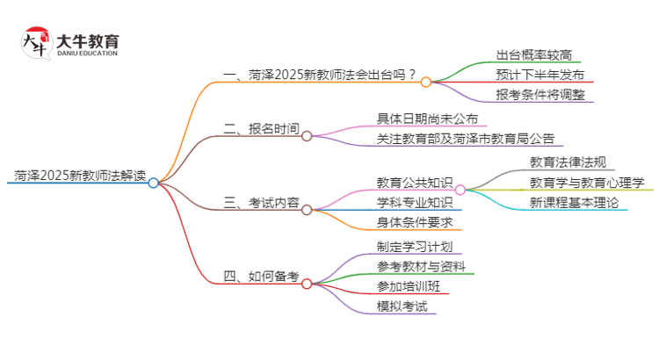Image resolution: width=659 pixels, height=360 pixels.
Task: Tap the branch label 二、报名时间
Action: [261, 128]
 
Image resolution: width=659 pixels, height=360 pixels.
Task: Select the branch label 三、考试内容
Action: [261, 203]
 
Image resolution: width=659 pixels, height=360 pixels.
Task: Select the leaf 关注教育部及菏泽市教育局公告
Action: [465, 139]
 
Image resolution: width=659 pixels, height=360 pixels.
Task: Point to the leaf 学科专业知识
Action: [414, 203]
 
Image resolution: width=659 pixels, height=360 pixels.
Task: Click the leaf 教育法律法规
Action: [568, 162]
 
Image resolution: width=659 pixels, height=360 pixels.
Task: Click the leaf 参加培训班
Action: [408, 286]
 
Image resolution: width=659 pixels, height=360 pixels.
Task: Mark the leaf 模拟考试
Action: [402, 306]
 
